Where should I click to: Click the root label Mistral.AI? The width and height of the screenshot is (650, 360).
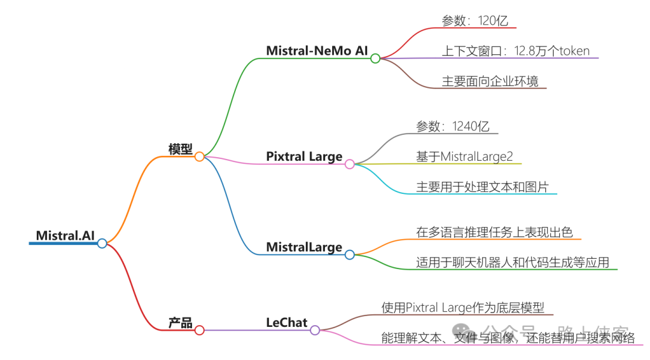[65, 235]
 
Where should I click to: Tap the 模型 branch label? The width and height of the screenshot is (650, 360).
[180, 149]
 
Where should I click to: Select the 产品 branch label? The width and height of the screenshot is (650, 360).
[180, 323]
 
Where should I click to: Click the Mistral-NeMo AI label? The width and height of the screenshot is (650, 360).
[317, 51]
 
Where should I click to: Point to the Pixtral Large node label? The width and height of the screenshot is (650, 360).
[304, 157]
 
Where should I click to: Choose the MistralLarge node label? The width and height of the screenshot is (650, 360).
[304, 247]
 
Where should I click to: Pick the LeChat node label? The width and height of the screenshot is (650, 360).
[286, 323]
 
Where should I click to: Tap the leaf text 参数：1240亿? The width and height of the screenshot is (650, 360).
[453, 126]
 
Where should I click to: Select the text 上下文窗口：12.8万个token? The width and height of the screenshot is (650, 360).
[516, 51]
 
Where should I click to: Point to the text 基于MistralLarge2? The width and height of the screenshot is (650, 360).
[464, 157]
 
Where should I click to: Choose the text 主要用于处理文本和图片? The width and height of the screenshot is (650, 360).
[482, 187]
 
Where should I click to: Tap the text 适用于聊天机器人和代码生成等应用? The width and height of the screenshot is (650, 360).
[512, 262]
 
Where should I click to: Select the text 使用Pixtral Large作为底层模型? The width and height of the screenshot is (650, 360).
[463, 308]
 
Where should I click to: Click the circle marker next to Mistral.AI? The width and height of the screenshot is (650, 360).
[102, 243]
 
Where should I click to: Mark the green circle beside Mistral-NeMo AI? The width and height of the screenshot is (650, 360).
[375, 58]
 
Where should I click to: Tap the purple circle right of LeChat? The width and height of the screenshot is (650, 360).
[315, 330]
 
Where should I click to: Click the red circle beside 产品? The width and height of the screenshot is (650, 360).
[199, 330]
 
